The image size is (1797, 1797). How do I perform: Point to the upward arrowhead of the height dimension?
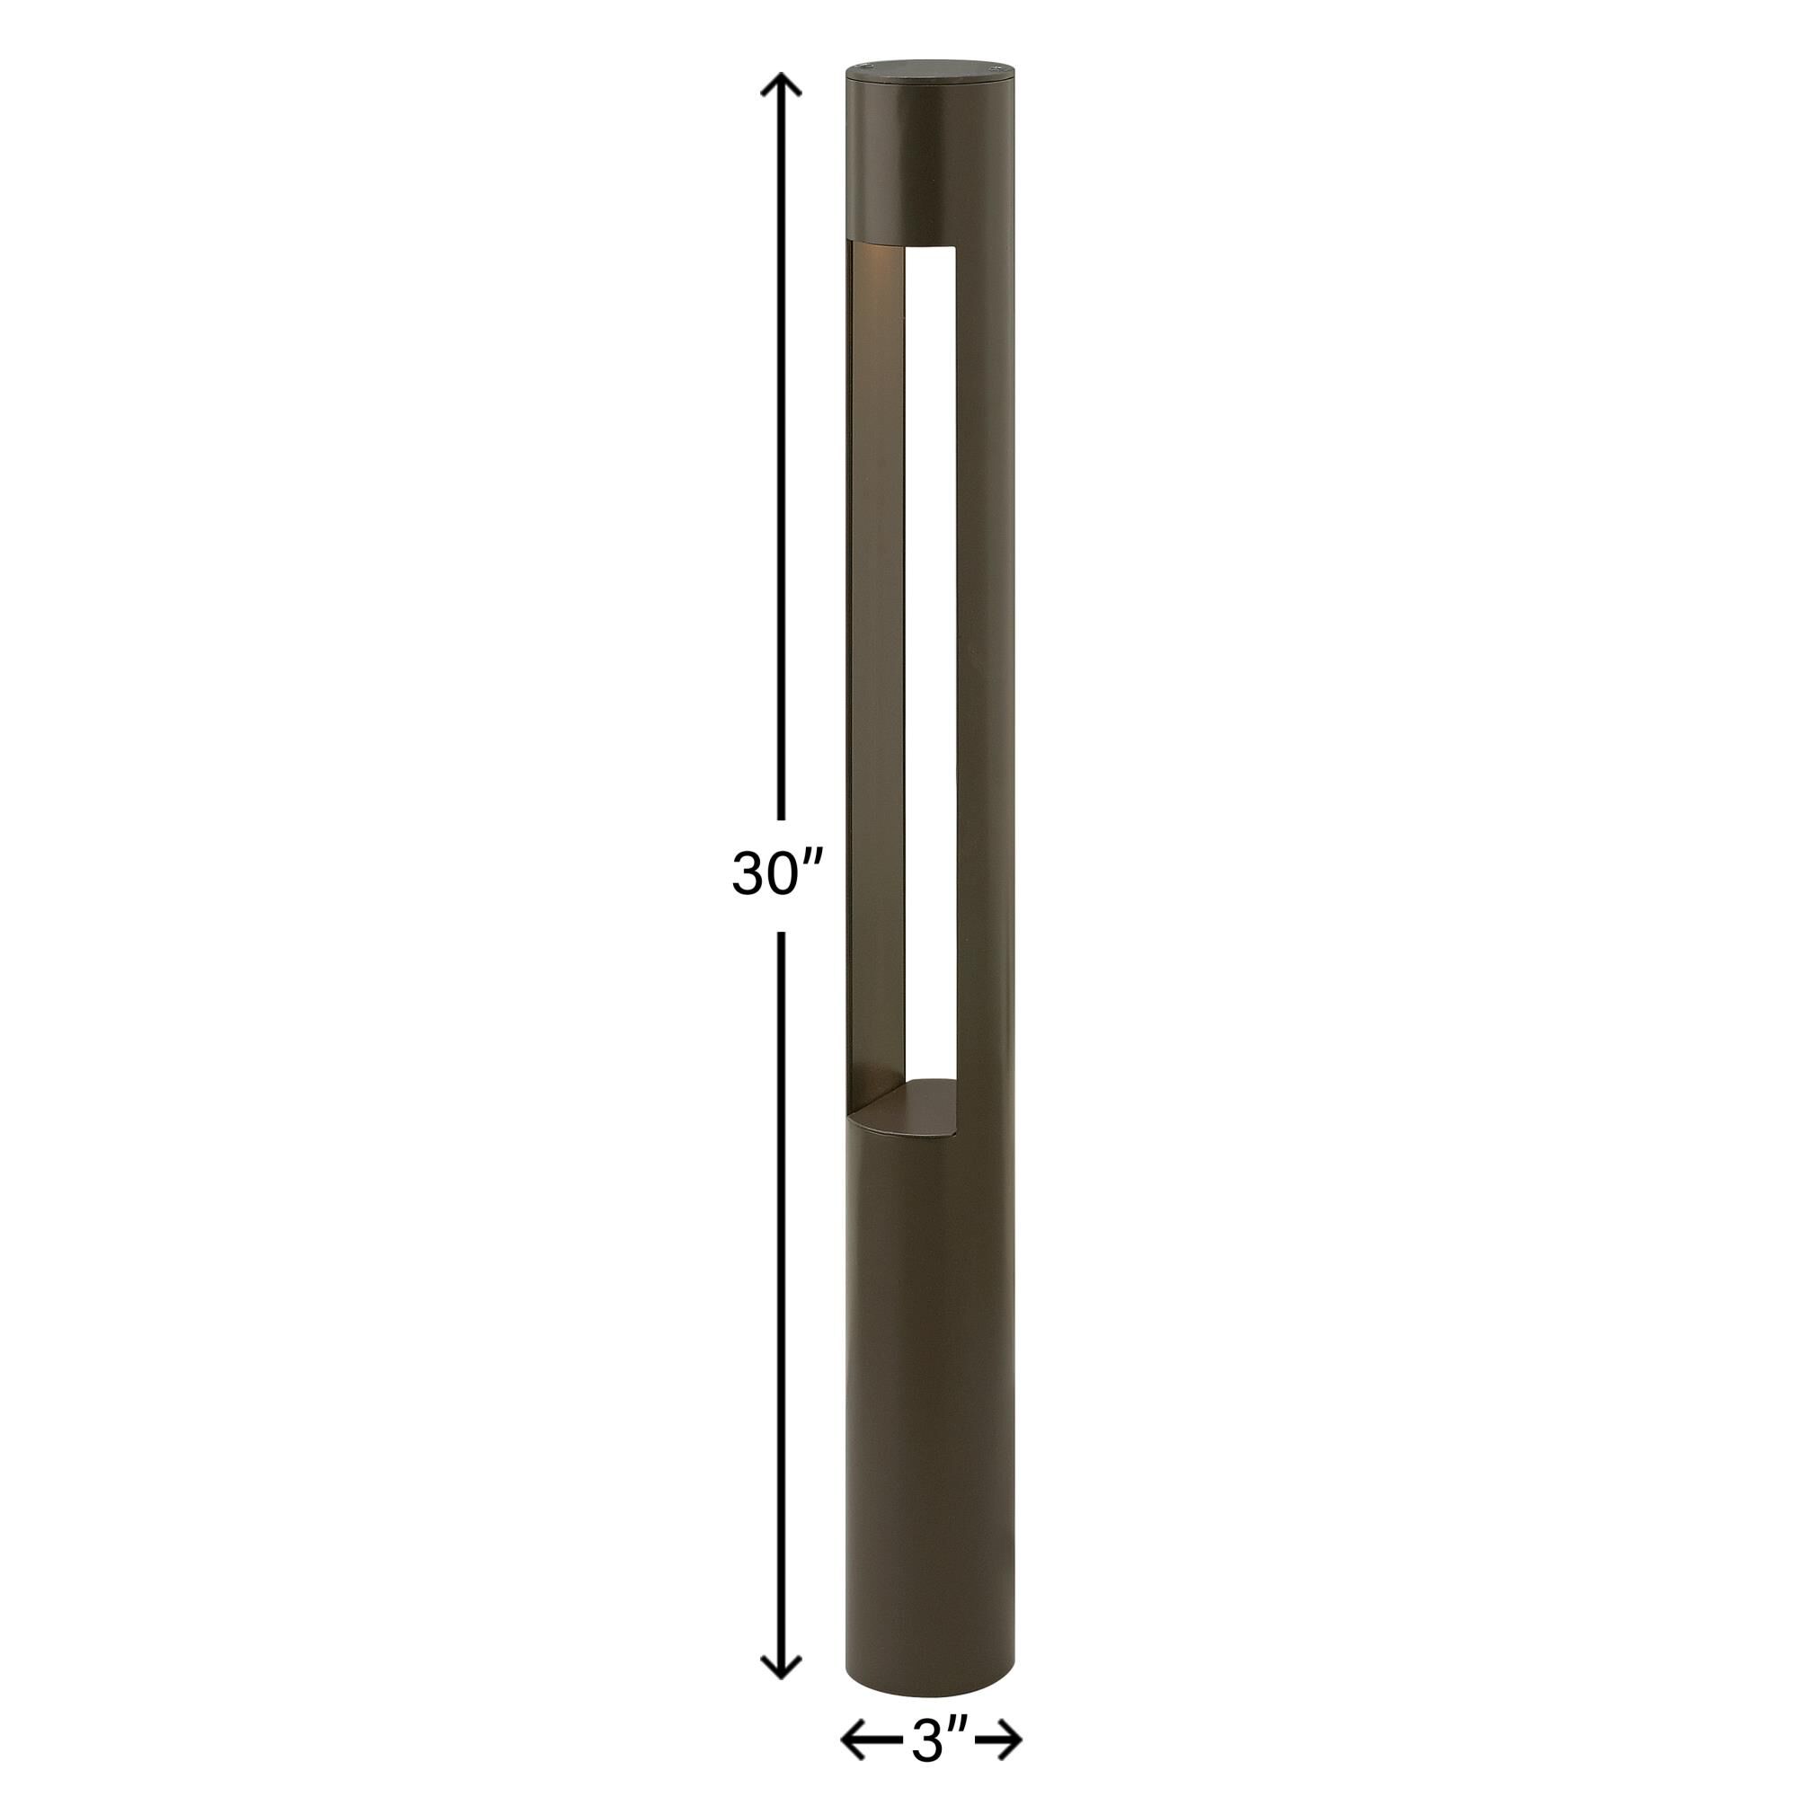[x=782, y=85]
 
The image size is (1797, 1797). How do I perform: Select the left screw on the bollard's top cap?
[x=864, y=67]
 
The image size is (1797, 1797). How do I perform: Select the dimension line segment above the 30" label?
[x=782, y=465]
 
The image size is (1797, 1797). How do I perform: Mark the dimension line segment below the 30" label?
[x=782, y=1284]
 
